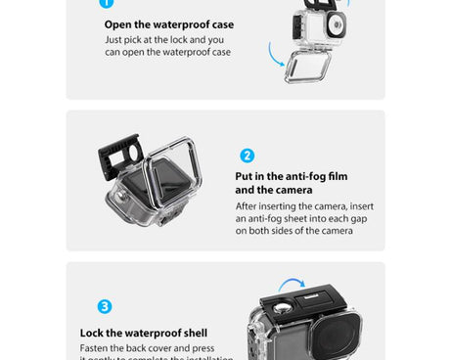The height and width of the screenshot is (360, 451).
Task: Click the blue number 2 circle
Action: pyautogui.click(x=247, y=156)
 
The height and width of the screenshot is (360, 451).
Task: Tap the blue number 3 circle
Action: pyautogui.click(x=105, y=306)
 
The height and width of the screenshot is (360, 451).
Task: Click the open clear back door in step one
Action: pyautogui.click(x=307, y=66)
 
